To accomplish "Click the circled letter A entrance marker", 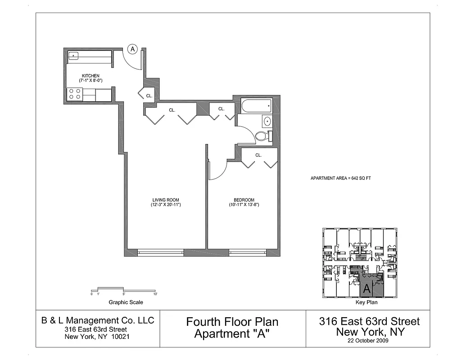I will click(x=132, y=49).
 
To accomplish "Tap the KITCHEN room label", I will click(x=90, y=76).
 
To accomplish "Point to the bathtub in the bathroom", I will click(x=257, y=106).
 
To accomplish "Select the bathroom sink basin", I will click(x=267, y=121).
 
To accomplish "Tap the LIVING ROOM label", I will click(x=166, y=200).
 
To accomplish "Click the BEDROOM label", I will click(x=244, y=200).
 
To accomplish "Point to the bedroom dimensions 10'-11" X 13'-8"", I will click(x=244, y=205).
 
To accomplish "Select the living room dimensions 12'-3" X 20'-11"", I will click(x=166, y=205).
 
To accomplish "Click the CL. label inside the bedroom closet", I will click(x=258, y=155).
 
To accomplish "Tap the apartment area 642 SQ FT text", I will click(x=340, y=178).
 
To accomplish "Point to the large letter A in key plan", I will click(x=367, y=288).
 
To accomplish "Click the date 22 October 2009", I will click(x=369, y=341).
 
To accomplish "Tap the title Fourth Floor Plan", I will click(x=232, y=322).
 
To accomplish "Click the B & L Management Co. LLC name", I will click(x=98, y=320).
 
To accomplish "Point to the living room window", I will click(x=160, y=252).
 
